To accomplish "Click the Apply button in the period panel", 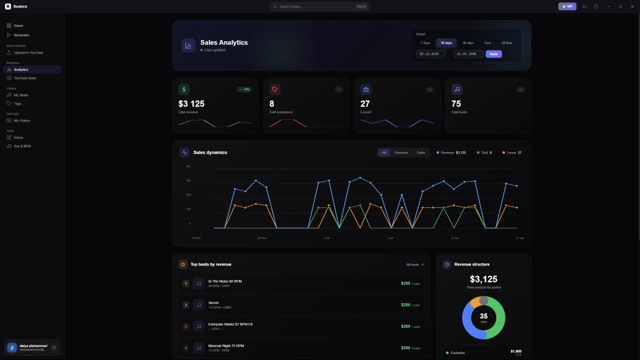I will [x=493, y=54].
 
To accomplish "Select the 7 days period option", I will [x=425, y=43].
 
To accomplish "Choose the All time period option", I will [x=506, y=43].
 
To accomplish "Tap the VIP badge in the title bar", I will [x=567, y=6].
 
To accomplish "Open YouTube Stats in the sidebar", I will [x=24, y=78].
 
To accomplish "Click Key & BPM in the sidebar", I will [x=22, y=146].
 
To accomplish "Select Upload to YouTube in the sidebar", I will [x=28, y=52].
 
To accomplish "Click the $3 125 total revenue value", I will [x=191, y=103].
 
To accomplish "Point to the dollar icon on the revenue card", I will [x=184, y=89].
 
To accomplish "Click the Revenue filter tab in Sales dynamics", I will [x=401, y=152].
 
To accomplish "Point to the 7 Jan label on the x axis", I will [x=390, y=238].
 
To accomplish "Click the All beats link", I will [x=414, y=264].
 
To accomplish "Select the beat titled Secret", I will [x=213, y=303].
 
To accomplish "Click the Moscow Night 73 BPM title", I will [x=226, y=346].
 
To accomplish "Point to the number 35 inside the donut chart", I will [x=483, y=316].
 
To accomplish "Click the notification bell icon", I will [x=584, y=6].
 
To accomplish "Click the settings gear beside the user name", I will [x=54, y=347].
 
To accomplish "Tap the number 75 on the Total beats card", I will [x=456, y=103].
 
